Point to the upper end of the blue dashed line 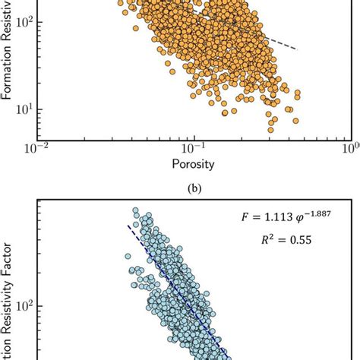tap(128, 226)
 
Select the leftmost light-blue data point tap(128, 258)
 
